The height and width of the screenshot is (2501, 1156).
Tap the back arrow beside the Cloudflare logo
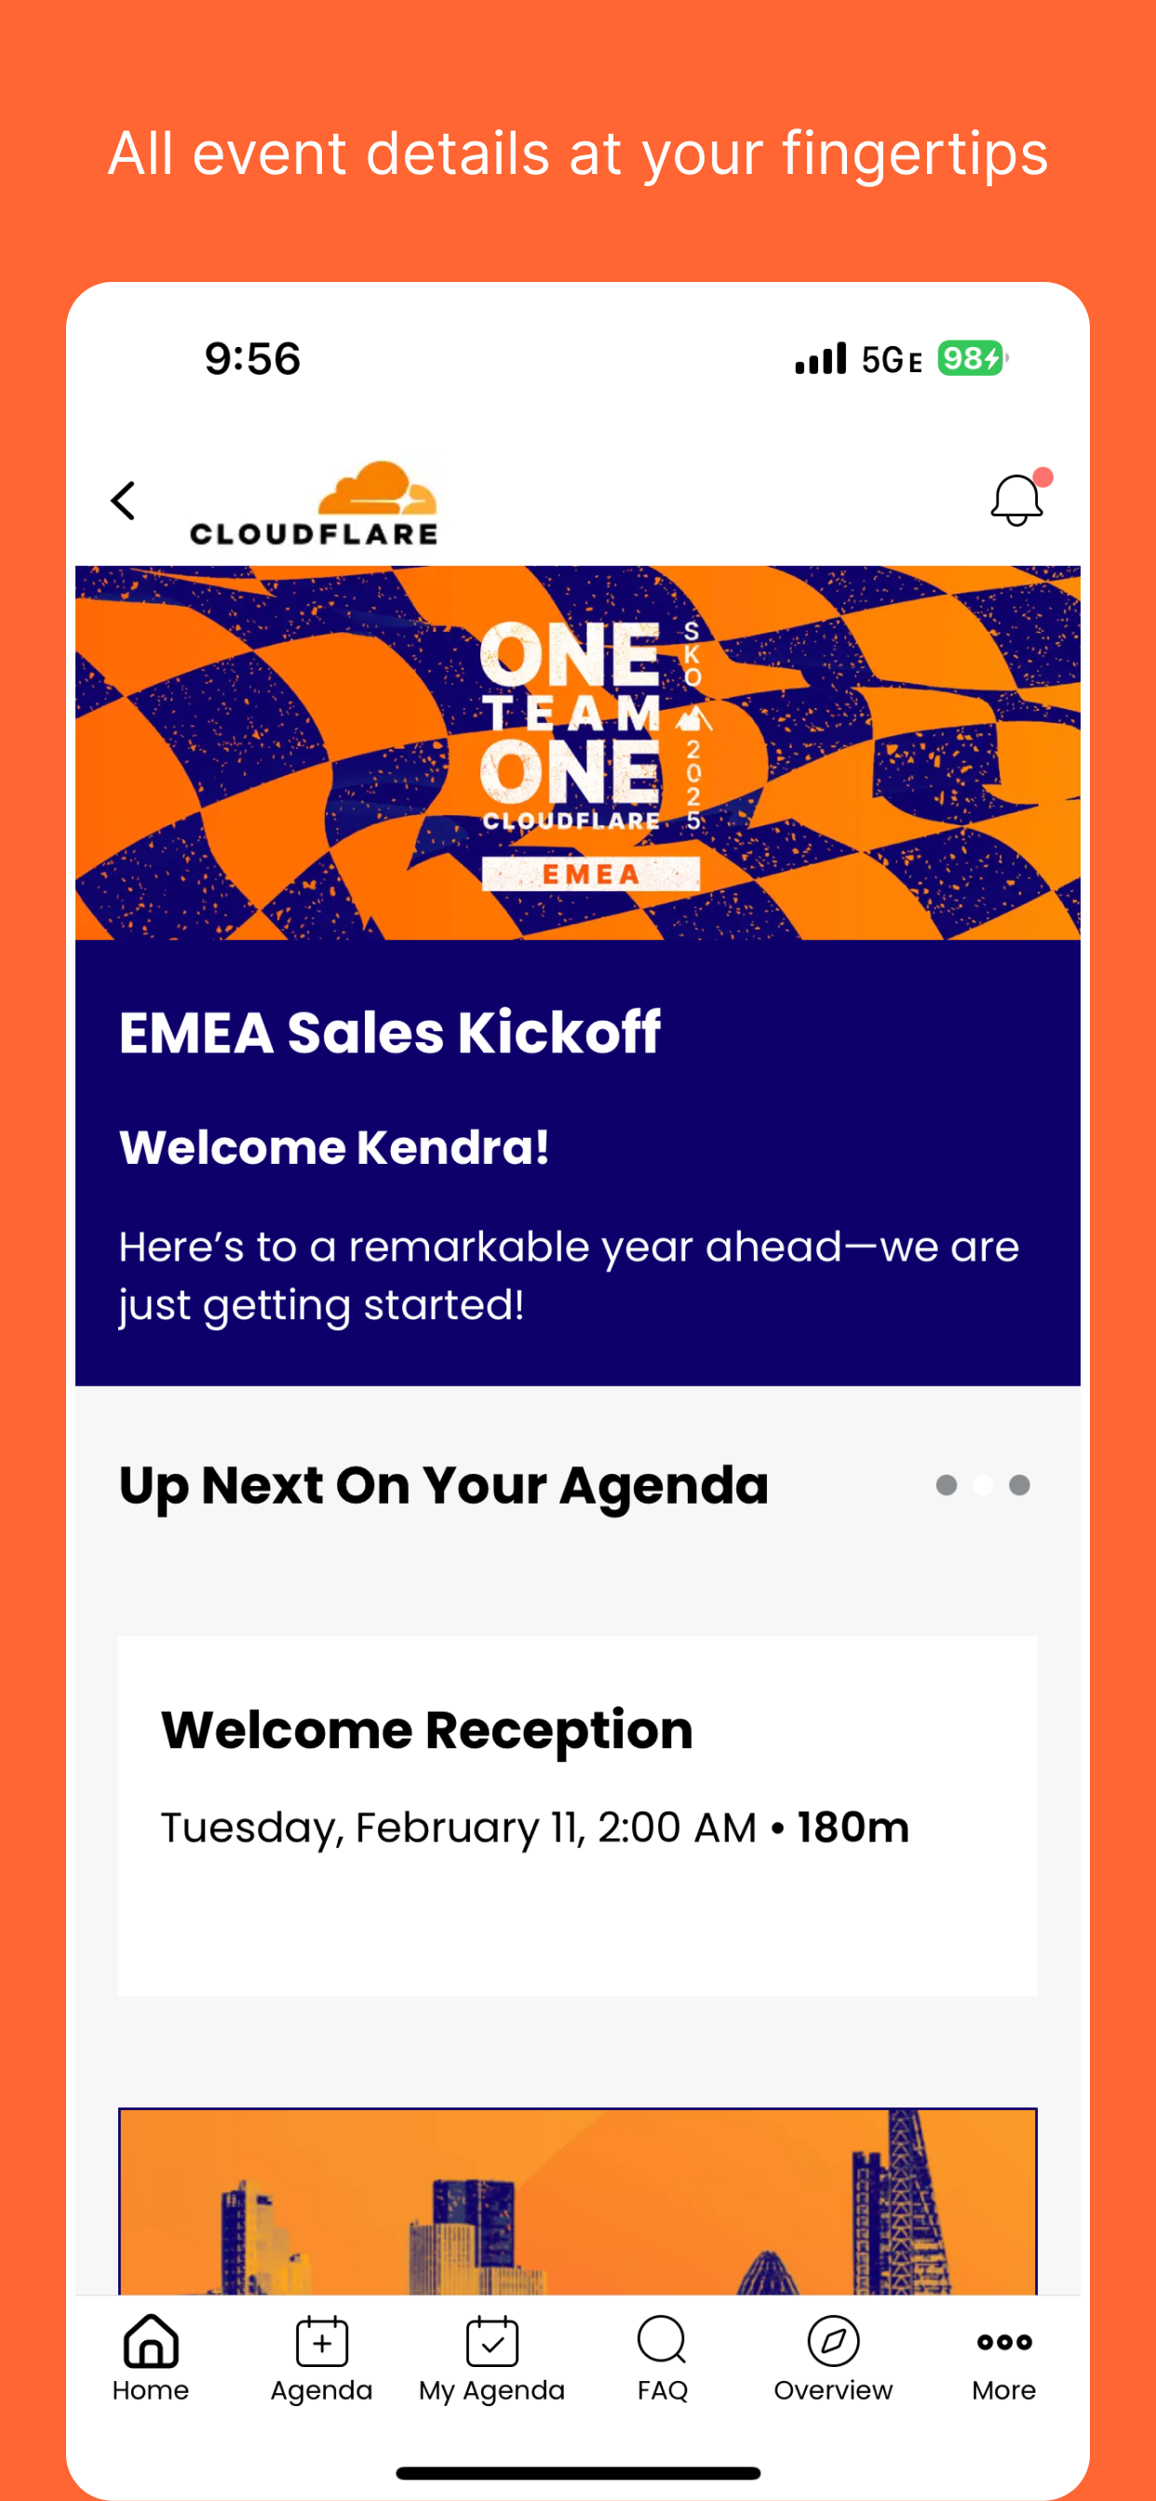[123, 501]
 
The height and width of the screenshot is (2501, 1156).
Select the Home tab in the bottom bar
[151, 2358]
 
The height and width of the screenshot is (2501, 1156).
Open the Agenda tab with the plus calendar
[321, 2358]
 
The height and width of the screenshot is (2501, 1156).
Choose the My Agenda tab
[491, 2358]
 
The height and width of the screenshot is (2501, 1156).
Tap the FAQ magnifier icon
[663, 2341]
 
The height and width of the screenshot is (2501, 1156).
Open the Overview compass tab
[833, 2358]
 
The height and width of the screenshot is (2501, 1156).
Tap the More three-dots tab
[1004, 2358]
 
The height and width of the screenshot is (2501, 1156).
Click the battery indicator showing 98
[972, 358]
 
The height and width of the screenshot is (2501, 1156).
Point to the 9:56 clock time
[252, 358]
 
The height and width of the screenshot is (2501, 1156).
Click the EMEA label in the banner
[591, 874]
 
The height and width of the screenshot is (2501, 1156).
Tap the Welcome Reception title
[427, 1730]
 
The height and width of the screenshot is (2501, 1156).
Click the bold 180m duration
[853, 1827]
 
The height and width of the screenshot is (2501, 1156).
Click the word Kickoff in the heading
[559, 1032]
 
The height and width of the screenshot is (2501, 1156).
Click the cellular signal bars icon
[821, 358]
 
